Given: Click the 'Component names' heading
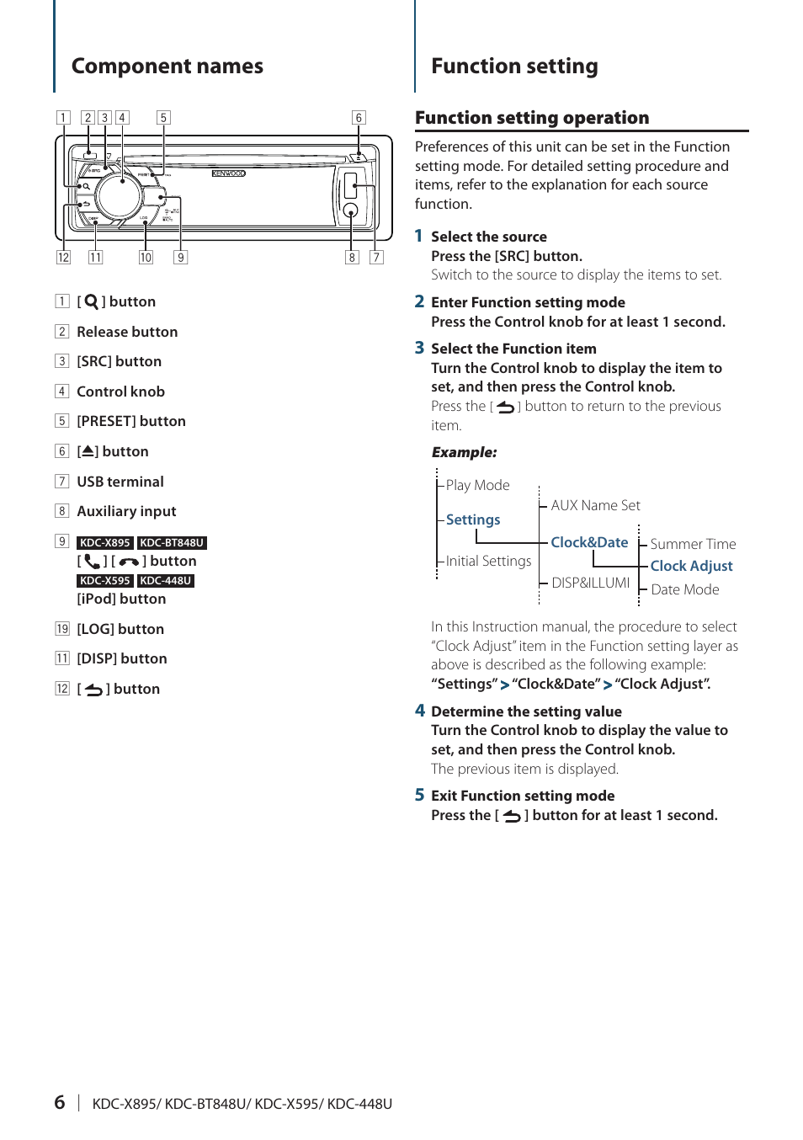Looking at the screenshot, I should click(x=167, y=67).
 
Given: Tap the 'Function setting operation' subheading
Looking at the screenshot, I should click(x=532, y=118).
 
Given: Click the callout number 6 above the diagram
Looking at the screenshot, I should click(x=359, y=118).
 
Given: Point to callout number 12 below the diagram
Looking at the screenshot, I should click(x=63, y=258).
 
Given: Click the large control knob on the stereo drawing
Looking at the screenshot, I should click(x=119, y=195).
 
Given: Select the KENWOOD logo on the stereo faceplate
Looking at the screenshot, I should click(x=228, y=173).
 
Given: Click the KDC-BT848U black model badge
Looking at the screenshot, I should click(x=172, y=543).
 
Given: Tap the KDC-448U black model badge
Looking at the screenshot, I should click(x=166, y=581).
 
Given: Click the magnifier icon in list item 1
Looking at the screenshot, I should click(x=91, y=301).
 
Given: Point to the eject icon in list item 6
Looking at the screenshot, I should click(x=88, y=451).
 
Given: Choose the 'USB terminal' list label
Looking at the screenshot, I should click(x=120, y=482).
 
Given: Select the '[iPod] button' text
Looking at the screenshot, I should click(x=121, y=599).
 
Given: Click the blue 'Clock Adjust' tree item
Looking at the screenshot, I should click(x=691, y=566).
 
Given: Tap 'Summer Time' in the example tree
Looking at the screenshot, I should click(x=693, y=544).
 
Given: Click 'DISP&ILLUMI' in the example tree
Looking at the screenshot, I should click(x=590, y=583).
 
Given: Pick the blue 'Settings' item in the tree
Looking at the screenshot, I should click(x=473, y=519).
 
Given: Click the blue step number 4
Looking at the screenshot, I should click(x=420, y=711).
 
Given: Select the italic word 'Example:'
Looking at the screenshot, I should click(x=464, y=452).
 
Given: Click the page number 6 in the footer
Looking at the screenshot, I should click(x=60, y=1102).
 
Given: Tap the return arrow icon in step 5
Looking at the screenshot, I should click(x=512, y=816).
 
